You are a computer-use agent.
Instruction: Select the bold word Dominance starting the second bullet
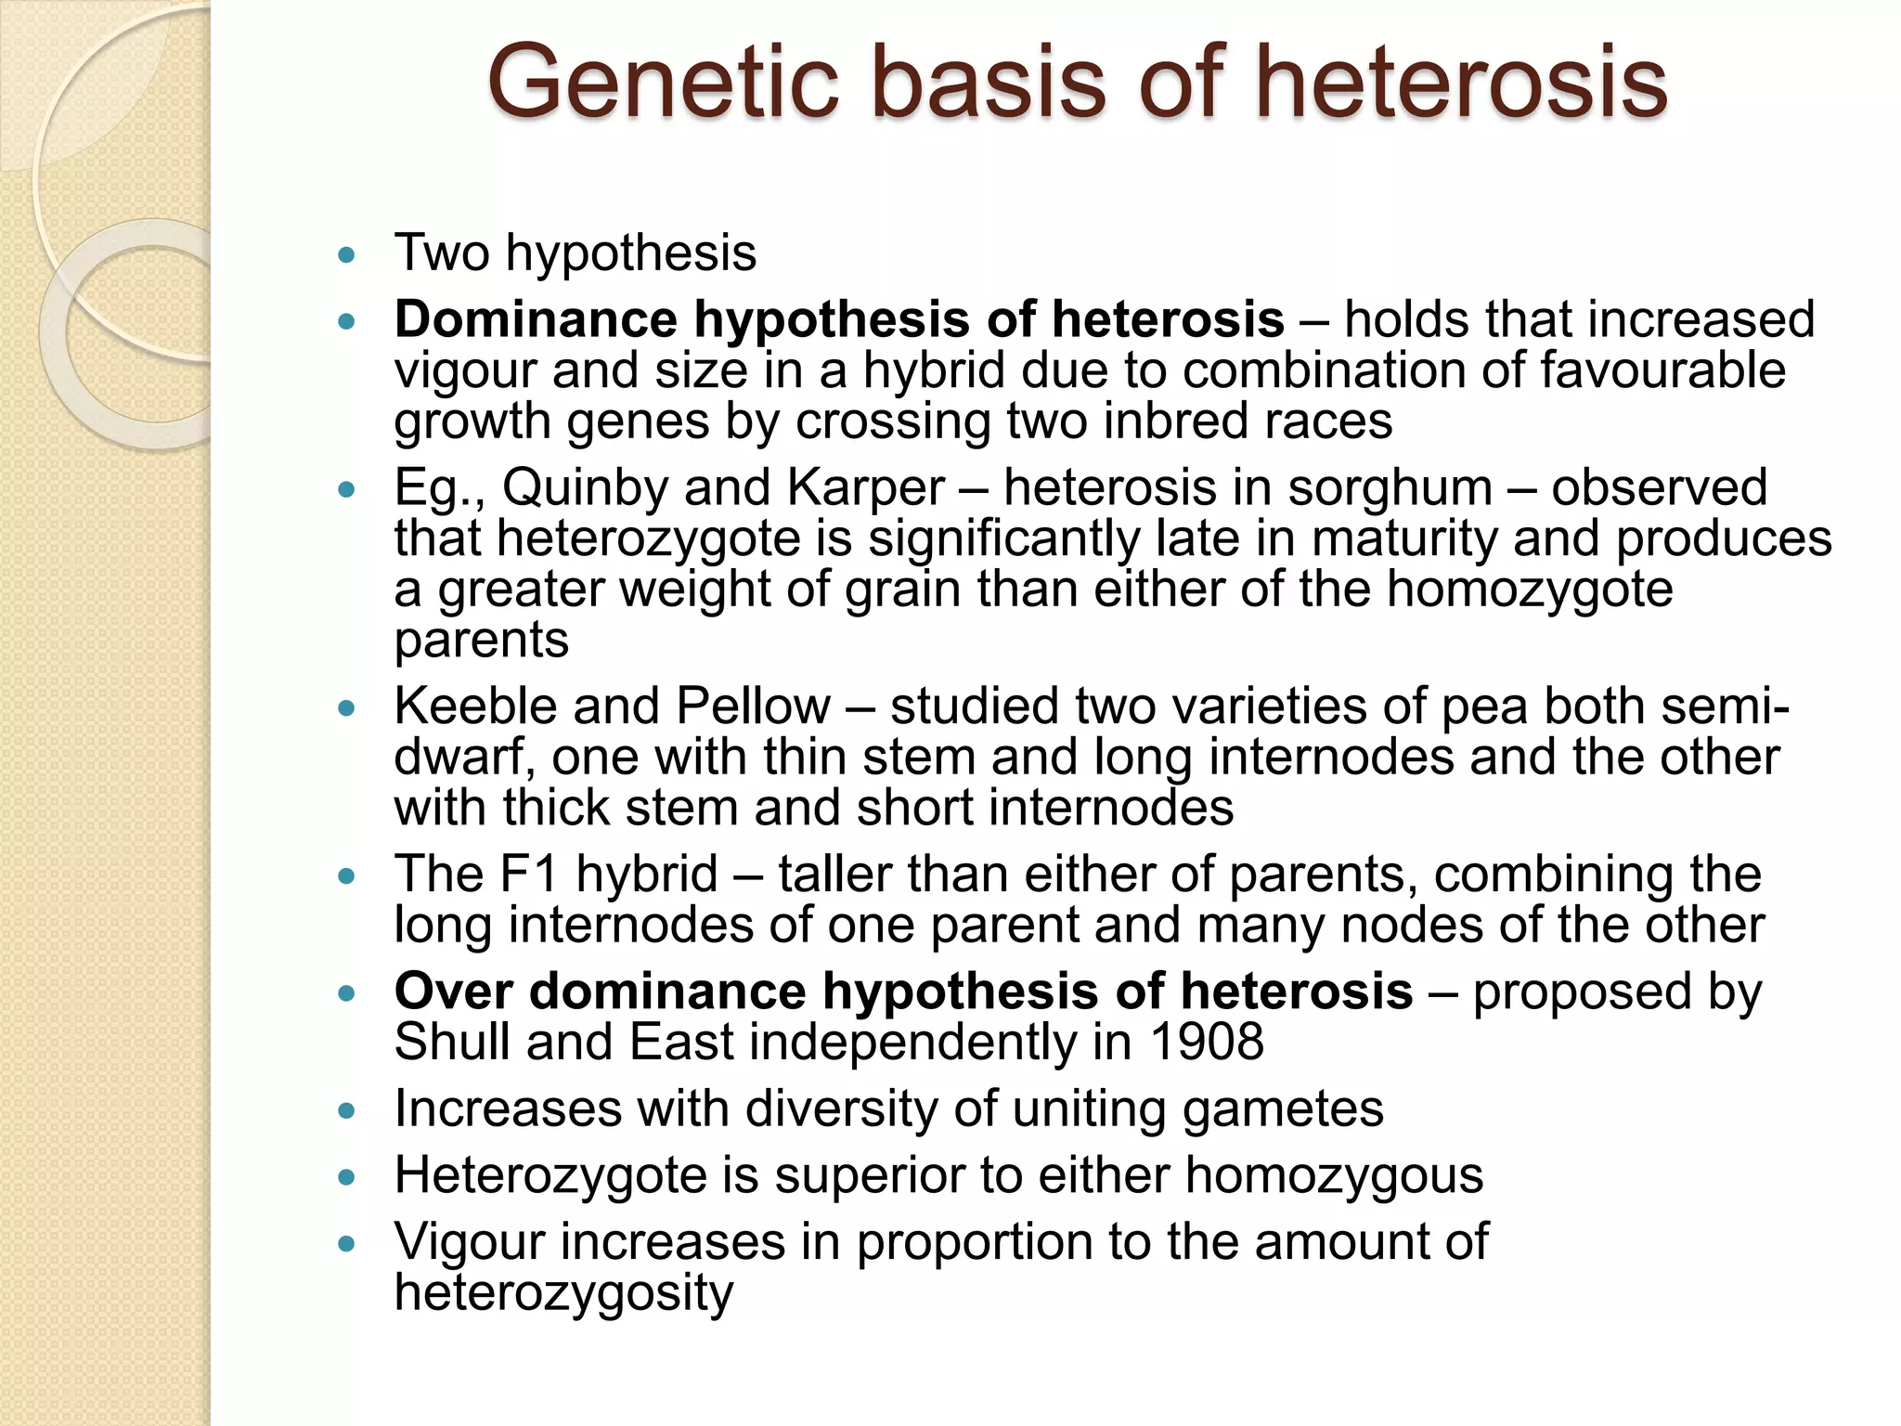(x=535, y=319)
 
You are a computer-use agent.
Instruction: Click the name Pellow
(x=753, y=707)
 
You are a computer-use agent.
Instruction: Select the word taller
(x=834, y=875)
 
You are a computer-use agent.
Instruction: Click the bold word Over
(x=454, y=992)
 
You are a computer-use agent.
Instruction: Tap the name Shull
(x=452, y=1043)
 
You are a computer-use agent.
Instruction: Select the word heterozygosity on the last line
(x=563, y=1294)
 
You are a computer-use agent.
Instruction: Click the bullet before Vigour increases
(x=347, y=1245)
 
